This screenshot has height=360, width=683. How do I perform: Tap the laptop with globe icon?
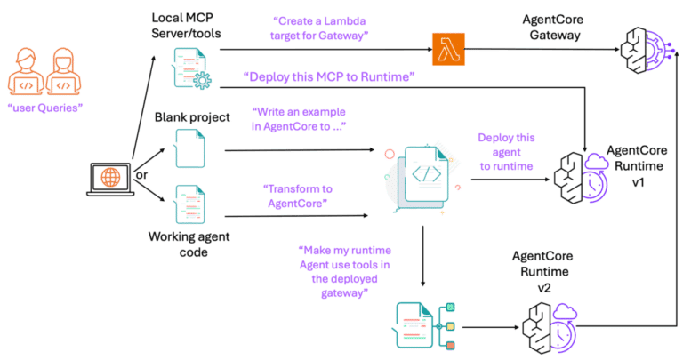[x=111, y=177]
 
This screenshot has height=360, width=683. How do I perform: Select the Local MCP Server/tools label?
[x=189, y=26]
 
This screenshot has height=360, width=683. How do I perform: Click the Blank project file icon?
[x=189, y=150]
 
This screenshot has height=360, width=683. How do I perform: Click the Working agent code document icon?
[x=189, y=203]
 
